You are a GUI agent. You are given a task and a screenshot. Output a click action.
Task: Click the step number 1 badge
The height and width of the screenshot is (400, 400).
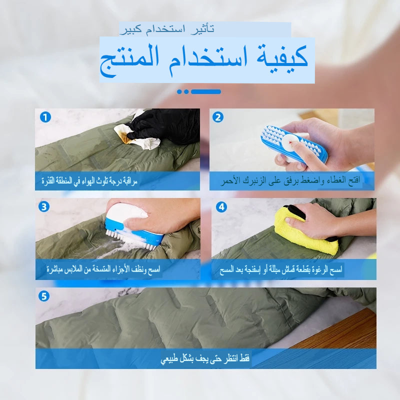45,117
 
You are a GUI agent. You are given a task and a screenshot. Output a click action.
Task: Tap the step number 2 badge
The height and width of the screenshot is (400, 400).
217,117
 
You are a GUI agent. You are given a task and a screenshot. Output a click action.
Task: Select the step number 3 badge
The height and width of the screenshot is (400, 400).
44,206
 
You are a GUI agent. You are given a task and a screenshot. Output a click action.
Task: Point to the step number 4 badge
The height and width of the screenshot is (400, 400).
221,206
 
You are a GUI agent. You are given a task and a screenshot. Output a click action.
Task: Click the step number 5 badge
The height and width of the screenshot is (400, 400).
44,296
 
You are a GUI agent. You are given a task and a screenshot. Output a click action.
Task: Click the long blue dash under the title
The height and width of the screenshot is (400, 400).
205,91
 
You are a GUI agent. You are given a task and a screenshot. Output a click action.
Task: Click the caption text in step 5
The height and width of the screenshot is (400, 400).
205,359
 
